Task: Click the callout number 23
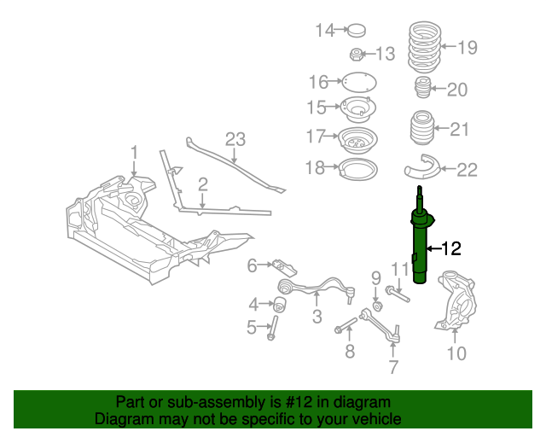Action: tap(235, 140)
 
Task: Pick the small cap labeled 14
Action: tap(356, 32)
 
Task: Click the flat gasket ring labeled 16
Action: tap(358, 83)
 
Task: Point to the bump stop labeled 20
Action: tap(420, 90)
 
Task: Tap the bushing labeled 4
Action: tap(279, 304)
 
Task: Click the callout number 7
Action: tap(393, 368)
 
